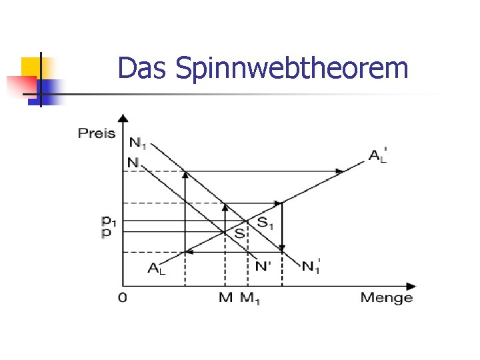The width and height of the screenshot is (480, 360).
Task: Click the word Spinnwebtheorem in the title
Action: coord(291,68)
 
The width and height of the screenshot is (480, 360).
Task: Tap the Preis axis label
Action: coord(97,133)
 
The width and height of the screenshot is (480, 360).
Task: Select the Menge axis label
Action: coord(387,297)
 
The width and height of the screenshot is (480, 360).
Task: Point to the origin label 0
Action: coord(122,297)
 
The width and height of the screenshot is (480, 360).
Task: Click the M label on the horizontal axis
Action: coord(225,297)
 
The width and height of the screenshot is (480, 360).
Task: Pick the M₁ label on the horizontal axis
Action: coord(251,297)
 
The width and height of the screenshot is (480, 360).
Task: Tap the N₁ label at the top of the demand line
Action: coord(139,143)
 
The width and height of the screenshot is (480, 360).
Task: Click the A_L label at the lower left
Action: coord(155,269)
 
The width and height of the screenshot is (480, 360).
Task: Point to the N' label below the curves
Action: coord(264,265)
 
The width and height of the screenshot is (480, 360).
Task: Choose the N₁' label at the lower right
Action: coord(311,266)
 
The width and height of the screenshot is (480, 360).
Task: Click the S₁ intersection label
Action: coord(265,223)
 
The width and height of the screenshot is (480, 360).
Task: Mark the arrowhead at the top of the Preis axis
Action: coord(123,118)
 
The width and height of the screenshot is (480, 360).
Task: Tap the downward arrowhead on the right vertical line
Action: coord(282,247)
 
